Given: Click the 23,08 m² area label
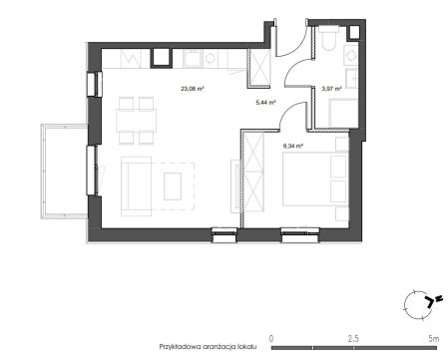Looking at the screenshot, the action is [193, 89].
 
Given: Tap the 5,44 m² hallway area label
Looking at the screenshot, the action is [265, 103].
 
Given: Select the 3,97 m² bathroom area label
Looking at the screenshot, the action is [332, 89].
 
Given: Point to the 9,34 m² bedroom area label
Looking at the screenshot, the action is [292, 146].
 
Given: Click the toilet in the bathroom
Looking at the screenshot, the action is [328, 38].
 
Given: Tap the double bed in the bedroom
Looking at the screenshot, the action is [315, 179].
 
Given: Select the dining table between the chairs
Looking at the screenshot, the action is [137, 121].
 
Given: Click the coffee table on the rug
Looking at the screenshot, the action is [173, 186].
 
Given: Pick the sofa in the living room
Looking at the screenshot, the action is [136, 186].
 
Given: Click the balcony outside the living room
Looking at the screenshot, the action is [64, 172].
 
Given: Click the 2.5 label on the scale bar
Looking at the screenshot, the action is [353, 339].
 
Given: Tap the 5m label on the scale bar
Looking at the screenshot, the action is [434, 339].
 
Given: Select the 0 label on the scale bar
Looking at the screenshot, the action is [271, 339].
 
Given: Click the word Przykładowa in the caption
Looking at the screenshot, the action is [180, 347].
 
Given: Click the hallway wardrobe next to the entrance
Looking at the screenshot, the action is [258, 68].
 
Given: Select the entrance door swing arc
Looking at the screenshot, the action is [300, 48].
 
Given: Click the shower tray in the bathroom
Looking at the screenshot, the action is [343, 113].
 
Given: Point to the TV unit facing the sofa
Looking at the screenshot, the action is [234, 184].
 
